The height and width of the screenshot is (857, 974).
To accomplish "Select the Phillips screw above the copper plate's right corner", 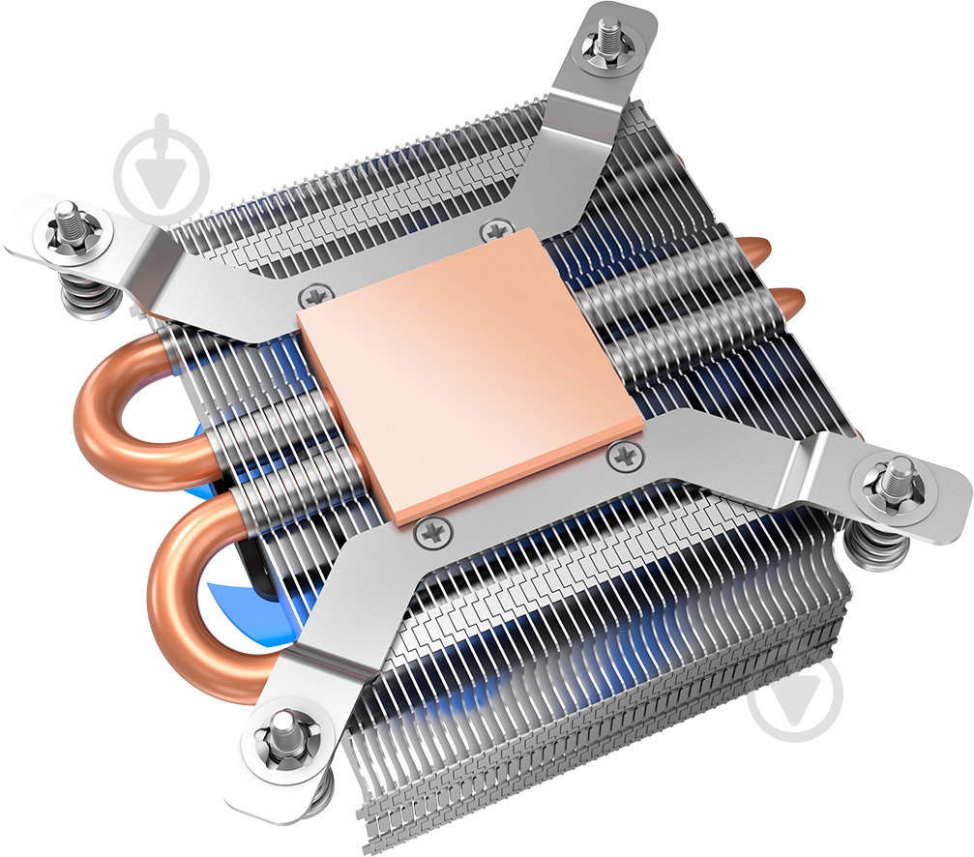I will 495,230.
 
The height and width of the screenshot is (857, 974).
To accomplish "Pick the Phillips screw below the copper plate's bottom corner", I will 432,529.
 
